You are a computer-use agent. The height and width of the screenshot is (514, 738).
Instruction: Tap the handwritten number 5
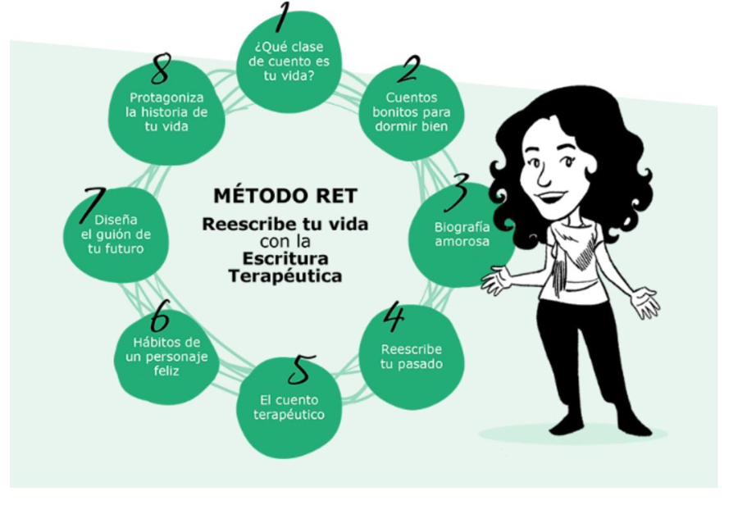pos(301,370)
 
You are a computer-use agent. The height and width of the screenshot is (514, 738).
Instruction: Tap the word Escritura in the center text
pos(285,258)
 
